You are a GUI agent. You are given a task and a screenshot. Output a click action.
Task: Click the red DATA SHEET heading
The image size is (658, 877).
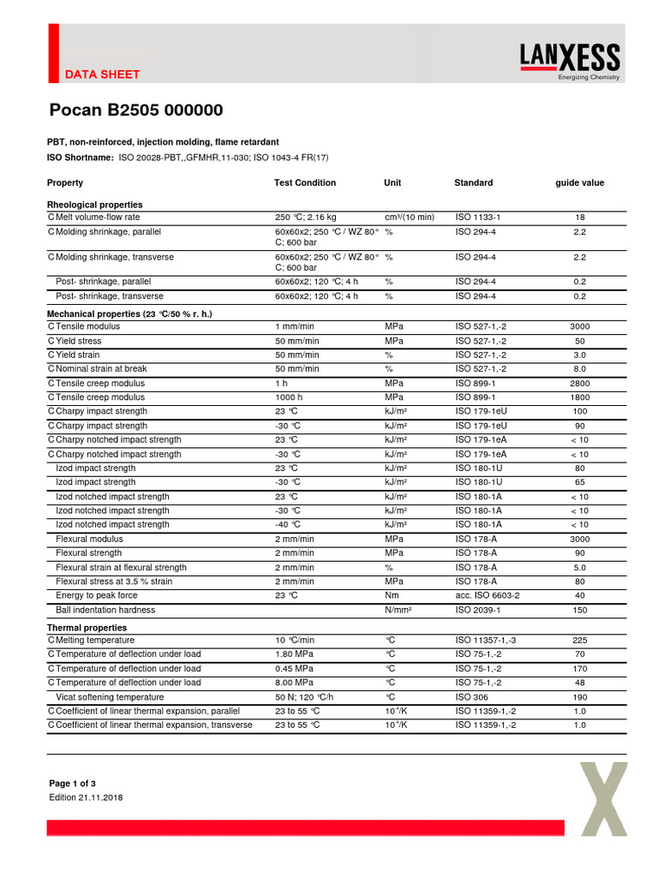pos(102,75)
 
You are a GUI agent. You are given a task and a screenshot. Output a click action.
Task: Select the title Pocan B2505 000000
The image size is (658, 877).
pos(135,110)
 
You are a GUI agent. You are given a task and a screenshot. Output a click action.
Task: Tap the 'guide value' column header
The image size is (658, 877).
pos(579,182)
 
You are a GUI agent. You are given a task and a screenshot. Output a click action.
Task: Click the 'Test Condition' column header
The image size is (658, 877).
pos(304,182)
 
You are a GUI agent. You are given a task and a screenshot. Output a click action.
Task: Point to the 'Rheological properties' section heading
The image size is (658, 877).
pos(94,205)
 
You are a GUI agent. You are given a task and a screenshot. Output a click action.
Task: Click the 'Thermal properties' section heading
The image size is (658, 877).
pos(87,628)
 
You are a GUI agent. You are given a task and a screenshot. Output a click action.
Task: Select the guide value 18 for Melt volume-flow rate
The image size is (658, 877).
pos(579,218)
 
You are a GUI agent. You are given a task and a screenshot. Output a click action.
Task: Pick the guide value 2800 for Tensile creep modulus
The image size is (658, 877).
pos(579,384)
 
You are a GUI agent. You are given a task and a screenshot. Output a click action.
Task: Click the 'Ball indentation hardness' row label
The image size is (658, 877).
pos(105,610)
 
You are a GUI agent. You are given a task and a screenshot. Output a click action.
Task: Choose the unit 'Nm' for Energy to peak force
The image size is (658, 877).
pos(392,595)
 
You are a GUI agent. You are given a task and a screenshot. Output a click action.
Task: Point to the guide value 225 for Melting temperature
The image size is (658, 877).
pos(579,641)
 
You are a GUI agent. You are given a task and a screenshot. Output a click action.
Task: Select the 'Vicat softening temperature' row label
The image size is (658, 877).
pos(110,697)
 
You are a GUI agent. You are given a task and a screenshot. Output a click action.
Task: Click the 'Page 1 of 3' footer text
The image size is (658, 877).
pos(73,784)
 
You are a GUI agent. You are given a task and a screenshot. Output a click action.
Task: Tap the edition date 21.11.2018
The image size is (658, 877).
pos(86,797)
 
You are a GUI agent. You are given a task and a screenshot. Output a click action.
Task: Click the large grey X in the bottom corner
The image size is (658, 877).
pos(604,800)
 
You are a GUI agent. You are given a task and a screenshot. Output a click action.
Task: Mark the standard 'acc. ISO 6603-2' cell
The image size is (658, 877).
pos(487,595)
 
